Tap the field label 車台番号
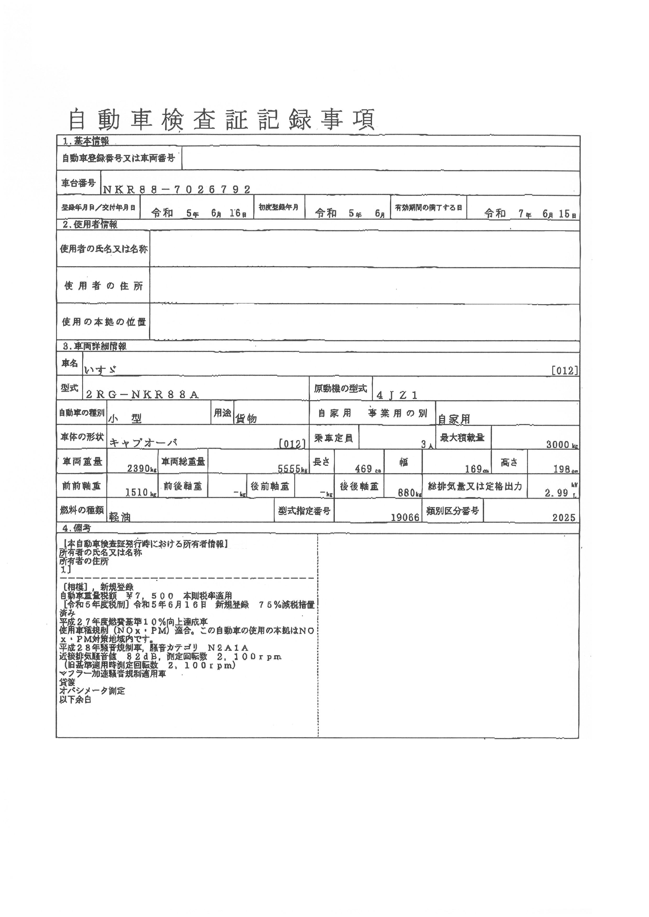click(x=78, y=183)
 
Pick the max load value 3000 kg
click(x=562, y=445)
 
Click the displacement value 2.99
click(x=556, y=493)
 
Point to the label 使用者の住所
click(x=103, y=286)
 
